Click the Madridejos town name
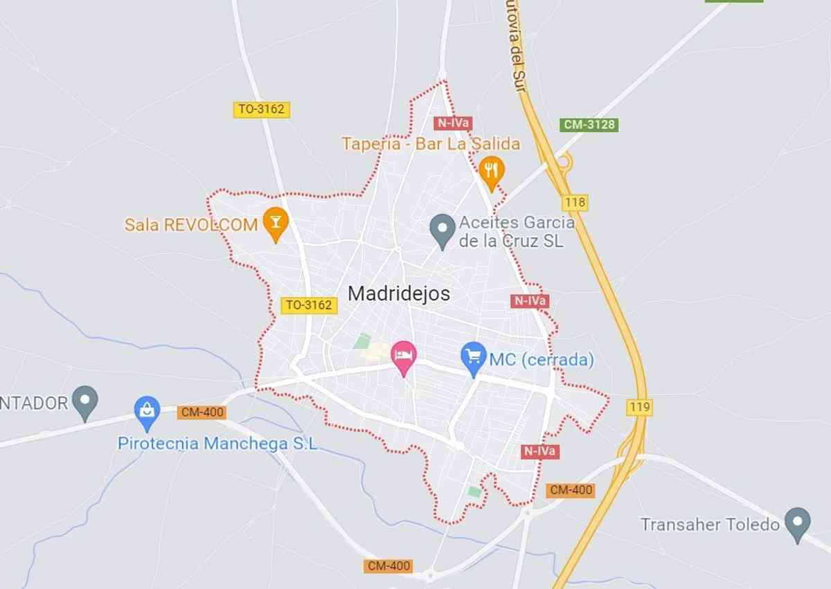click(399, 293)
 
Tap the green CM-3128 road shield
click(589, 125)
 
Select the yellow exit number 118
click(575, 203)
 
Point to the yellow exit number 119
click(639, 407)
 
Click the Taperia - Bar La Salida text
click(430, 144)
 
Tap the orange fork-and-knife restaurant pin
click(491, 170)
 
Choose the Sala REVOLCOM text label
click(191, 224)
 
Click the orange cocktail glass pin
click(276, 222)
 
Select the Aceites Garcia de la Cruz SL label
click(517, 232)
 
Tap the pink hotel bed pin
click(404, 356)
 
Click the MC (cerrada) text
click(542, 360)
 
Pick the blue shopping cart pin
click(474, 358)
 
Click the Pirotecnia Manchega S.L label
click(217, 444)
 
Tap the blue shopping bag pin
click(147, 411)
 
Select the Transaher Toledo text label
click(711, 524)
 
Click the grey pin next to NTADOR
click(85, 401)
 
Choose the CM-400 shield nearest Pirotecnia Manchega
click(202, 413)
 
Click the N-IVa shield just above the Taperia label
click(453, 123)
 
